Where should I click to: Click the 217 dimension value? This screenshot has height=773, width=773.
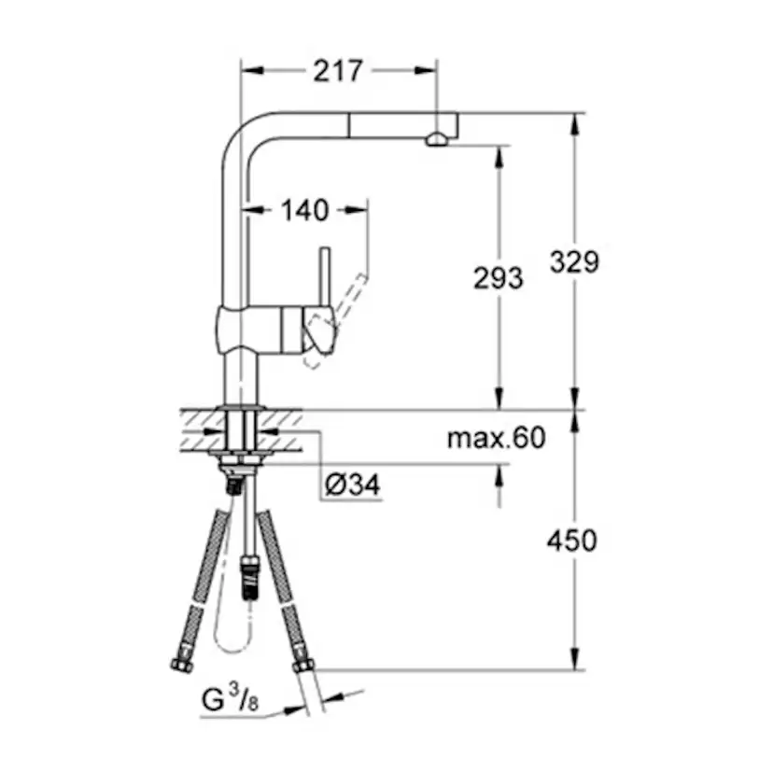338,70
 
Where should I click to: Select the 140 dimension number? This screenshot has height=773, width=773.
304,211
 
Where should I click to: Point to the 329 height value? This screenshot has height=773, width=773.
573,262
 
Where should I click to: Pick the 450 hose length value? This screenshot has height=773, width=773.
573,540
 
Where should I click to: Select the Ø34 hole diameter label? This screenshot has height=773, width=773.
353,485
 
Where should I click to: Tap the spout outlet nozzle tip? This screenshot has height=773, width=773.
435,140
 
